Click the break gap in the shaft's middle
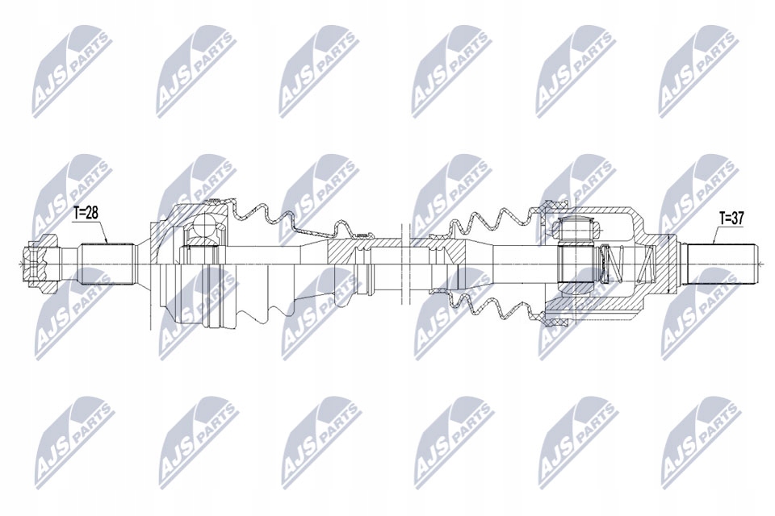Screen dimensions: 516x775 tap(404, 262)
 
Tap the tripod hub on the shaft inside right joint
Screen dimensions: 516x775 tap(574, 261)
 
